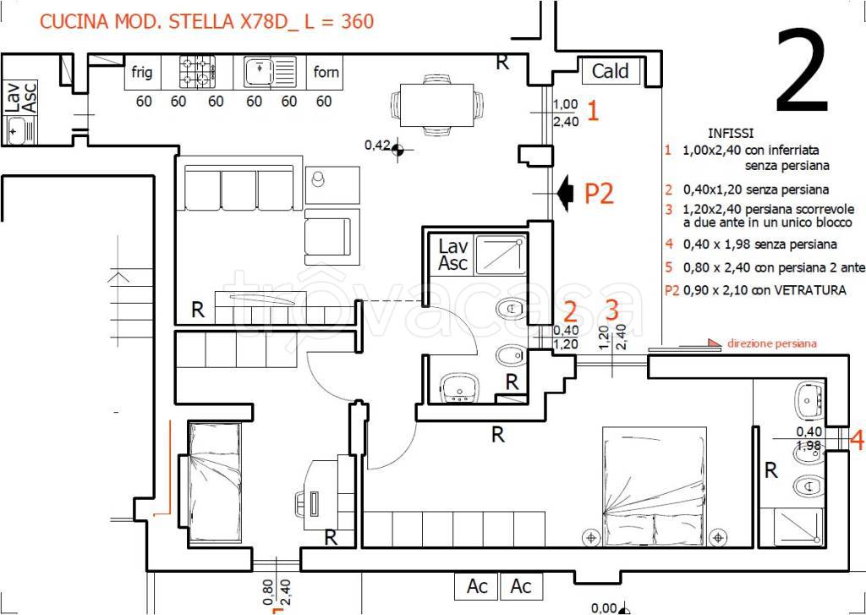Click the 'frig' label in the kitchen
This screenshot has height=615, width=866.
pos(142,73)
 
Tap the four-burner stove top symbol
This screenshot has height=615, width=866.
pos(196,73)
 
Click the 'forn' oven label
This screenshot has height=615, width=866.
pos(326,73)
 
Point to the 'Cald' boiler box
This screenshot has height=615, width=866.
pos(611,71)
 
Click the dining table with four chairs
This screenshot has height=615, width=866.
pos(436,104)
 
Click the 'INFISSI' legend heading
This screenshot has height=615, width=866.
pos(731,134)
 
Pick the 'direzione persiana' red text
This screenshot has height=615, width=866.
pos(771,343)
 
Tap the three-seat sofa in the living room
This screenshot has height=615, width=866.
pos(238,187)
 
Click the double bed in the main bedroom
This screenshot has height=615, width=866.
pos(655,486)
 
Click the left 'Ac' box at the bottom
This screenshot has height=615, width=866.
pos(477,586)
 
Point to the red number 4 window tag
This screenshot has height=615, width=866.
pos(857,441)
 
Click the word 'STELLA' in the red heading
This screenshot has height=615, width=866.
pos(194,21)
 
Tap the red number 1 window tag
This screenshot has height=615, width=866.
pos(592,111)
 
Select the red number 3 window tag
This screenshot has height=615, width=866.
pos(612,310)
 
